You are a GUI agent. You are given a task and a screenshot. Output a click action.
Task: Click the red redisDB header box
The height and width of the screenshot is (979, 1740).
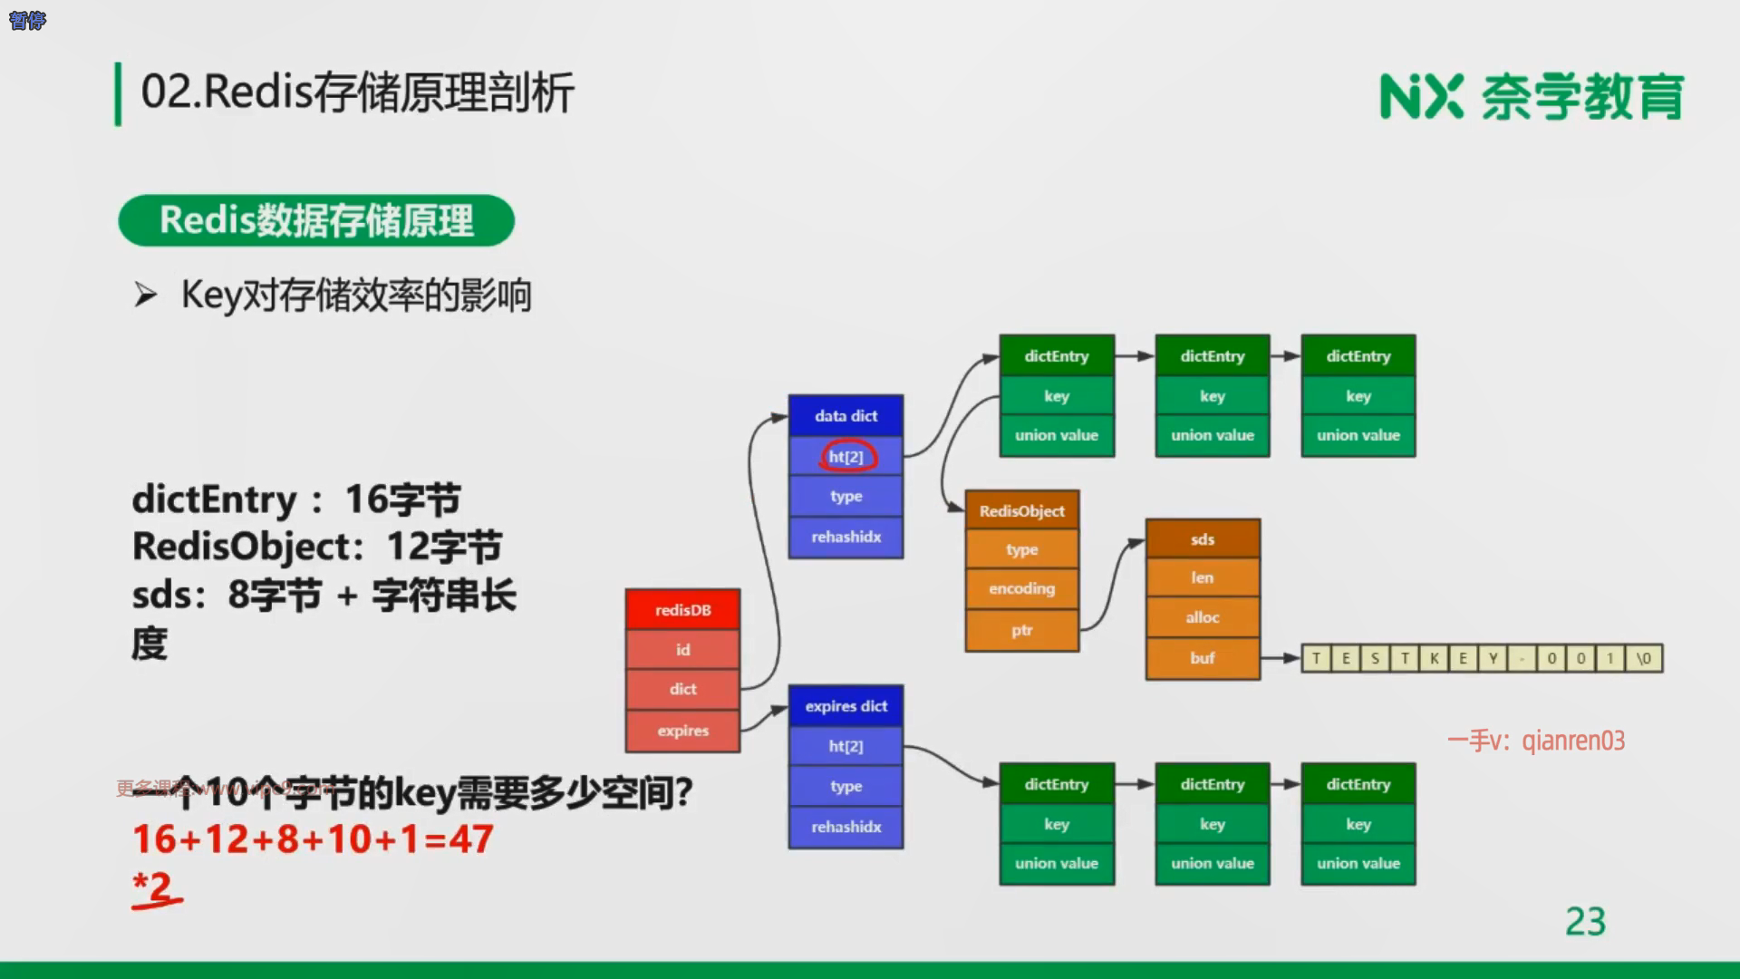tap(682, 610)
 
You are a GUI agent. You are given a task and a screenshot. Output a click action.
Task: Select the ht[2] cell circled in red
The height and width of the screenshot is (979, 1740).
tap(846, 456)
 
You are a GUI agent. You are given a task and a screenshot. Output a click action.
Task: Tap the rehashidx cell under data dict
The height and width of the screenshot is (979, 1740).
tap(846, 537)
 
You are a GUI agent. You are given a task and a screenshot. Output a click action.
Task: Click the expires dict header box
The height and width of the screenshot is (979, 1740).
tap(846, 706)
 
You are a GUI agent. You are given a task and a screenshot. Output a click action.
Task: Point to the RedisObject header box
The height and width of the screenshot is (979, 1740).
tap(1021, 510)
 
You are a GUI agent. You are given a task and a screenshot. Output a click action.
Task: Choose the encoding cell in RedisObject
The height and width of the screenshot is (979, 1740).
tap(1021, 588)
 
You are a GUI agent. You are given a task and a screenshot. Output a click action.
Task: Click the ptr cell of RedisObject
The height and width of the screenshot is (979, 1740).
tap(1021, 630)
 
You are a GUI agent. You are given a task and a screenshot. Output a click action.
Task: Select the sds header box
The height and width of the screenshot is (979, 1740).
tap(1202, 539)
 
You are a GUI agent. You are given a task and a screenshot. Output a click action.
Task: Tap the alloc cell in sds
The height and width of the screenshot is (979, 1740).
tap(1202, 617)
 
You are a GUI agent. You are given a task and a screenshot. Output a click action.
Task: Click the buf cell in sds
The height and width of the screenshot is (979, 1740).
tap(1202, 658)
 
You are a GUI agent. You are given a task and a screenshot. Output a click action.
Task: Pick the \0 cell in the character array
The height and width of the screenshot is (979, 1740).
tap(1643, 658)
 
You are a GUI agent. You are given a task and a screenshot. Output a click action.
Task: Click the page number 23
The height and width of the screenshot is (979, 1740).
tap(1585, 922)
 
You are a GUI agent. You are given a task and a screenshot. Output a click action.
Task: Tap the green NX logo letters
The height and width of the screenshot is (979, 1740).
tap(1421, 97)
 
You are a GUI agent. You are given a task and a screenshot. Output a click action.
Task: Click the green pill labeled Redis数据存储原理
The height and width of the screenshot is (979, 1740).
tap(316, 220)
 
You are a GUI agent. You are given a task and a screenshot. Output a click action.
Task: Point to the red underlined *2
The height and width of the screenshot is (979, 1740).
tap(154, 887)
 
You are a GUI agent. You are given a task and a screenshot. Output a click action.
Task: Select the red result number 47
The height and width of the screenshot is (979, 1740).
tap(471, 839)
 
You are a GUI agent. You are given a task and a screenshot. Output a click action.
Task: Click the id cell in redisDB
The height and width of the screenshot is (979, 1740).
tap(682, 650)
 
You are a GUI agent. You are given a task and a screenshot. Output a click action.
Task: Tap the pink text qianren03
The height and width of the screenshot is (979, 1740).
tap(1573, 741)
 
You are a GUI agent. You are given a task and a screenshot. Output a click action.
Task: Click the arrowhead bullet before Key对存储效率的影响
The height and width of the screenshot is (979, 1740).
tap(145, 295)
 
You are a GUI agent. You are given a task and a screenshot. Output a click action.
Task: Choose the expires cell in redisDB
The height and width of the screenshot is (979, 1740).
tap(682, 731)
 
